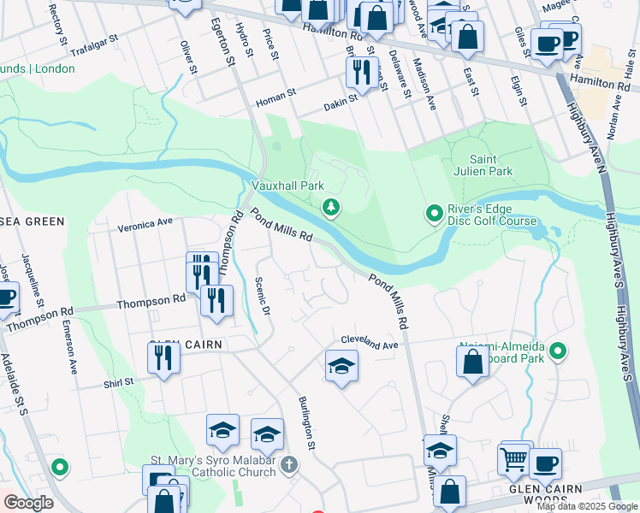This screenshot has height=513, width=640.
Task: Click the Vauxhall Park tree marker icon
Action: pyautogui.click(x=331, y=207)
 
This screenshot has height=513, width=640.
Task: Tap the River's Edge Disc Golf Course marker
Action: pyautogui.click(x=434, y=212)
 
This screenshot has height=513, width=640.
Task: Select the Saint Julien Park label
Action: pyautogui.click(x=491, y=165)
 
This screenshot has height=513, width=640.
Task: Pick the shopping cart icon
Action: pyautogui.click(x=513, y=459)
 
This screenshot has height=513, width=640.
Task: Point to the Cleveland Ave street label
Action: pyautogui.click(x=370, y=342)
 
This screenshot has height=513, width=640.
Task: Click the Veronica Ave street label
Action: pyautogui.click(x=145, y=223)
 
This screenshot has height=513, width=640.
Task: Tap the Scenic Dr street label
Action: pyautogui.click(x=264, y=298)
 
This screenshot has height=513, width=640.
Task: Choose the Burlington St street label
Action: pyautogui.click(x=306, y=422)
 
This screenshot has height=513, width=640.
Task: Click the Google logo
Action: pyautogui.click(x=28, y=504)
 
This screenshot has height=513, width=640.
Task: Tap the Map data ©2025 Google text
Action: pyautogui.click(x=585, y=506)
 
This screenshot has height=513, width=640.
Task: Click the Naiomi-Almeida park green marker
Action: pyautogui.click(x=559, y=351)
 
